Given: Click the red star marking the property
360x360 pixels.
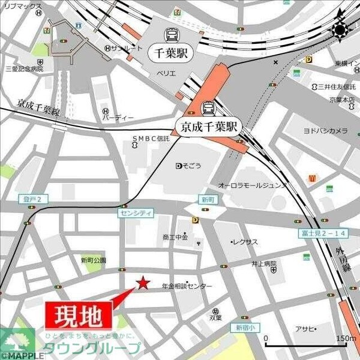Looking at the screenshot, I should tap(143, 283).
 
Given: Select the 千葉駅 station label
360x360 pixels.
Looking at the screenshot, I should tap(170, 53).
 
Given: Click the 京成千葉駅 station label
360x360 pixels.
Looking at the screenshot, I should tap(207, 127).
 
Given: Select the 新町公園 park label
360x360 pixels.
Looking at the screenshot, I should tap(93, 260).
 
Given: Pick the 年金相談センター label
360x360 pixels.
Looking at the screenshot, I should tap(187, 287).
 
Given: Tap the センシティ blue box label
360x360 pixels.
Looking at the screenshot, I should tap(137, 213).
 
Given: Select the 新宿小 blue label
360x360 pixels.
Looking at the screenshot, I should tap(245, 328).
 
